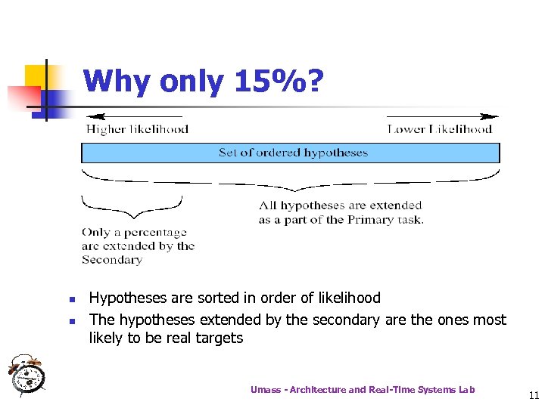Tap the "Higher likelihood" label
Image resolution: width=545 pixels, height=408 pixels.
click(137, 129)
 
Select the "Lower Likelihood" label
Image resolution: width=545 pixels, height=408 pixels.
click(440, 129)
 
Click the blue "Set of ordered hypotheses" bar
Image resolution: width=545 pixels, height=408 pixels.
click(291, 153)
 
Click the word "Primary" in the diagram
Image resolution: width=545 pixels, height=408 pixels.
click(366, 220)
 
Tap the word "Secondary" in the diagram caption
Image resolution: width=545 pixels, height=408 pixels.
click(112, 260)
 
